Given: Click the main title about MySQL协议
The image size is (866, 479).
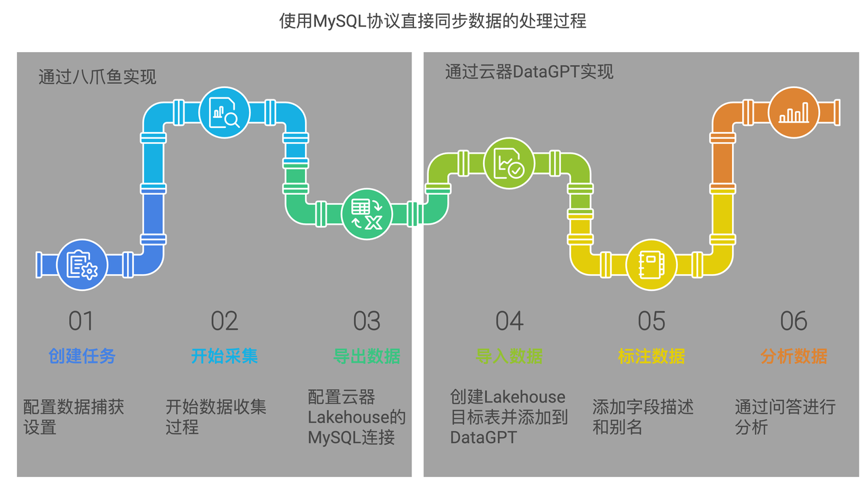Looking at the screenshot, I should pos(433,22).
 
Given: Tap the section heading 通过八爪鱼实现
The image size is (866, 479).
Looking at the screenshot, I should pos(97,76).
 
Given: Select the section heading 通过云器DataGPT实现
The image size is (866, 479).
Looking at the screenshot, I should pos(529,72).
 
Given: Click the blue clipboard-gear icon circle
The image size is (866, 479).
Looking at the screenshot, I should pos(83,265).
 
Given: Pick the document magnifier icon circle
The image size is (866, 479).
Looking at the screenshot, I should pos(225,112).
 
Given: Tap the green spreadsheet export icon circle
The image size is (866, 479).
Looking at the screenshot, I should pos(367,214).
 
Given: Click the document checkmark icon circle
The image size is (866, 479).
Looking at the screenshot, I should pos(509,163).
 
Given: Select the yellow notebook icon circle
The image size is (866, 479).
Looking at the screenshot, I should pos(651,265).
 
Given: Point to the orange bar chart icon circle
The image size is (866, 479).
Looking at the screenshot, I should pos(794,112).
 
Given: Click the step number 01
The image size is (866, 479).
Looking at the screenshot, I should pos(81,321).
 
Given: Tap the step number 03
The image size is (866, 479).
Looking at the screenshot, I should pos(367,321).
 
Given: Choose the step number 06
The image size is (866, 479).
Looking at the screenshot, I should pos(794,321).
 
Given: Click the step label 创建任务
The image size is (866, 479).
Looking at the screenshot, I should pos(82,356).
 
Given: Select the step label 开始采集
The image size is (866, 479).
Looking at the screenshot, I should pos(224,356).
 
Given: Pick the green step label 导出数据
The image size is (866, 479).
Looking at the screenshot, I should pos(367,356).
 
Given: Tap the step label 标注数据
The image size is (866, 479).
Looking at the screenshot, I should pos(651,356).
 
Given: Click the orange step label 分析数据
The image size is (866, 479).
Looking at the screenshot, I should pos(794,356).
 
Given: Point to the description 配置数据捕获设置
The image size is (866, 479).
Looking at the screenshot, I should pos(74,417).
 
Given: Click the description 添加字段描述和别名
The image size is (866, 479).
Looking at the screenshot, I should pos(643,417).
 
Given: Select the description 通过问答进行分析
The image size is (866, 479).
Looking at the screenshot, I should pos(785,417).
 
